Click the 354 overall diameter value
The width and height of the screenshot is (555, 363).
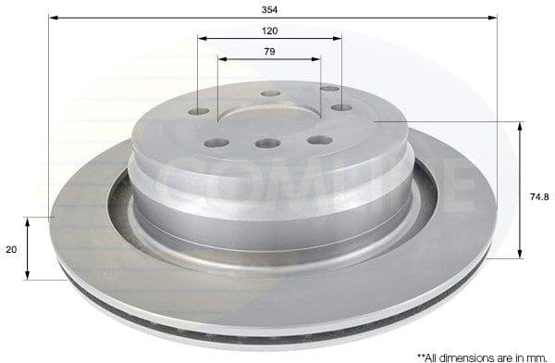[270, 8]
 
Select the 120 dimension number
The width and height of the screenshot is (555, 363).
[270, 30]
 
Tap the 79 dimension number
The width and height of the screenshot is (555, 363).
[269, 51]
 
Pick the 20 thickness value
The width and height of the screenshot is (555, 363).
[11, 249]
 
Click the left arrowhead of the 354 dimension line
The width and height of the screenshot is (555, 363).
[54, 18]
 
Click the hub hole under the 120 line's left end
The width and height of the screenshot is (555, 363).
[200, 112]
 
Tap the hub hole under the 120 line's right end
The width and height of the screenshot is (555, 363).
[341, 107]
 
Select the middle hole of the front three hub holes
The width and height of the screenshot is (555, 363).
[268, 144]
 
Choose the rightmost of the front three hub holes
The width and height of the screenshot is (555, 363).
[319, 140]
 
